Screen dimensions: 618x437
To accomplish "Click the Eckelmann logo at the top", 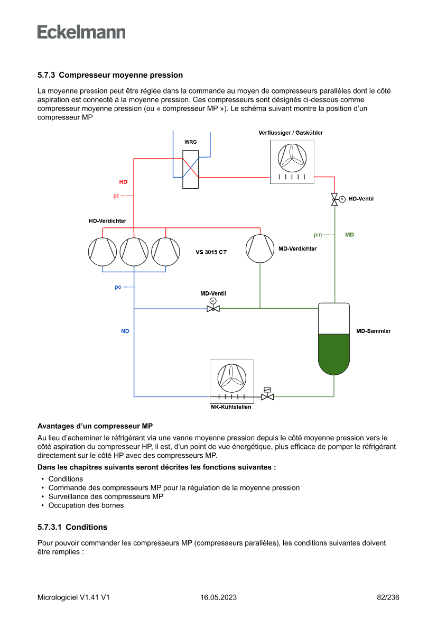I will pos(81,32).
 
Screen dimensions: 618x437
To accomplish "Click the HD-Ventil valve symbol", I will pos(334,199).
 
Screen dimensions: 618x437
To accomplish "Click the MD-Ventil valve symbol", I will pos(213,308).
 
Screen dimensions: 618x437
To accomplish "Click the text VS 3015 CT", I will pos(211,252).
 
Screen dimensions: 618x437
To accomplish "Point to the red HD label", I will pos(123,182).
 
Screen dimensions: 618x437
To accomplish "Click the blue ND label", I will pos(125,331).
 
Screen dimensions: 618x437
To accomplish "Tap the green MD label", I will pos(349,234).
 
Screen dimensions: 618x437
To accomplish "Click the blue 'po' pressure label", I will pos(118,287).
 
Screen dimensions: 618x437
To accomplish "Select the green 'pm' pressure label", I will pos(318,235).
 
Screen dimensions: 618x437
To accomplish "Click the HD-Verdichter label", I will pos(107,221).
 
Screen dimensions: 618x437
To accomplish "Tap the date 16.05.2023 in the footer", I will pos(218,597).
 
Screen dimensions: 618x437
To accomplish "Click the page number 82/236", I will pos(388,597).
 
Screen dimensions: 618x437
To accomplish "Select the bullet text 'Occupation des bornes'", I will pos(86,505).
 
